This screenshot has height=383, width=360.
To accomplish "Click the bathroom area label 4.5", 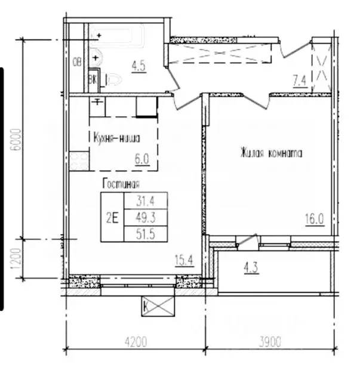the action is coord(139,66).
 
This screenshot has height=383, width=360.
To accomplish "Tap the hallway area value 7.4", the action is coord(300,81).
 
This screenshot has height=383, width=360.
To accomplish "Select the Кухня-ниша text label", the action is coord(117,138).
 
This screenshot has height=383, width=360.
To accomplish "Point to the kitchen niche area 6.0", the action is coord(142,159).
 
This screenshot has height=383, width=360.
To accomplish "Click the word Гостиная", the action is coord(121,184).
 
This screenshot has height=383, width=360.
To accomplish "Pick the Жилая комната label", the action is coord(271,153).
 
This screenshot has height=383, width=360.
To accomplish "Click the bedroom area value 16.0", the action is coord(315,219).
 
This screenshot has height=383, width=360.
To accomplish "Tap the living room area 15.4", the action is coord(184,260).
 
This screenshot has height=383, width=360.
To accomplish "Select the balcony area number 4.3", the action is coord(251,268).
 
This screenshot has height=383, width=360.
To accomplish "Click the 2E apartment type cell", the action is coord(112,217).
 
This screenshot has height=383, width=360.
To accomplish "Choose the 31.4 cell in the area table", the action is coord(146,201).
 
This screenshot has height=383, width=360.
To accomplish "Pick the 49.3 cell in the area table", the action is coord(146,217).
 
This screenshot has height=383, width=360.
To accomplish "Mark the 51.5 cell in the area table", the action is coord(146,234).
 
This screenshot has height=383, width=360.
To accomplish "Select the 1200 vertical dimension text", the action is coord(16,259).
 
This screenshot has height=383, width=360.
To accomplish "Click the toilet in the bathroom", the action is coord(113,79).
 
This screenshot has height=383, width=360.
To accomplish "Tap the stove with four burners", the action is coord(79,161).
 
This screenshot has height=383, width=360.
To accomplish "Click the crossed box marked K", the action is coord(158,306).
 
